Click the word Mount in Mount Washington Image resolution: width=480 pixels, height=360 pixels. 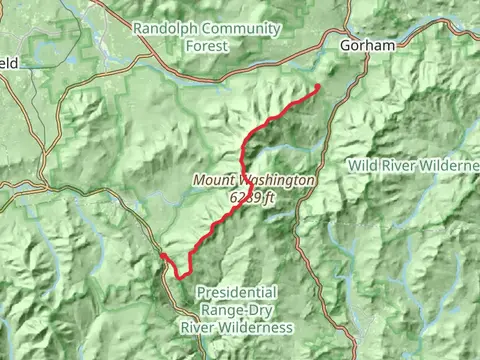tap(213, 181)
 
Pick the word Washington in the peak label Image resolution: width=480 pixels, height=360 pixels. tap(276, 181)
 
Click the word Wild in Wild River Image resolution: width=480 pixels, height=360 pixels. tap(362, 163)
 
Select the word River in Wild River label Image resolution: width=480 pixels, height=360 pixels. tap(399, 163)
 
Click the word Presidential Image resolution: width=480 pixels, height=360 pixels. tap(237, 292)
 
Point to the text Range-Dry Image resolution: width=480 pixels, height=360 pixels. tap(237, 310)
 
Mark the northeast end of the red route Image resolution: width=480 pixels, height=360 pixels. tap(318, 88)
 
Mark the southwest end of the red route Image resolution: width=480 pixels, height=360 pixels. tap(161, 255)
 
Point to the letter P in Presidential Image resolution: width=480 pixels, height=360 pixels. tap(201, 292)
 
